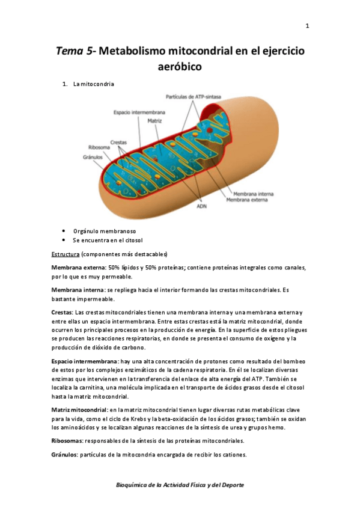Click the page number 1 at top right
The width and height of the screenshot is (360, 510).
(x=307, y=26)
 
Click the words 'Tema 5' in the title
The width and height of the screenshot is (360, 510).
(x=75, y=52)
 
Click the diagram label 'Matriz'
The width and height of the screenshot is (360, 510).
(x=154, y=120)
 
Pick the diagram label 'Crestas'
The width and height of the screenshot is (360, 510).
(x=118, y=142)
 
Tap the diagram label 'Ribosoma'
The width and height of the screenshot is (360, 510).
(x=99, y=147)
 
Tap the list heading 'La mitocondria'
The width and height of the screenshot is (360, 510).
(x=94, y=84)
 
